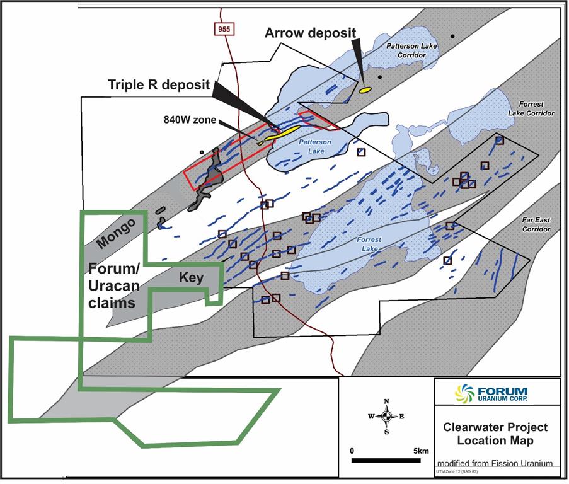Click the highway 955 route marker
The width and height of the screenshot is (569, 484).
pyautogui.click(x=223, y=29)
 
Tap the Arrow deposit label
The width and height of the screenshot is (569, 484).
pyautogui.click(x=310, y=33)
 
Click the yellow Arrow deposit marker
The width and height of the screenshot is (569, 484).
pyautogui.click(x=364, y=91)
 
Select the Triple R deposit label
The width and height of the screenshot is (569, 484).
pyautogui.click(x=158, y=84)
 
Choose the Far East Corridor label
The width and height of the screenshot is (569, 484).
pyautogui.click(x=536, y=224)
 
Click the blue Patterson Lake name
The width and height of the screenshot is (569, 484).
pyautogui.click(x=311, y=147)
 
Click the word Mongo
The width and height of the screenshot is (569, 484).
pyautogui.click(x=117, y=234)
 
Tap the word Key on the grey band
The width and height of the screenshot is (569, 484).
pyautogui.click(x=192, y=277)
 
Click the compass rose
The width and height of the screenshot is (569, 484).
pyautogui.click(x=386, y=416)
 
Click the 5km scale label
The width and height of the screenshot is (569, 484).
pyautogui.click(x=422, y=451)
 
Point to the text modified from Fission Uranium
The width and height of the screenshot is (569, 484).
pyautogui.click(x=495, y=463)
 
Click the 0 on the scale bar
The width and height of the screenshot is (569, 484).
pyautogui.click(x=353, y=451)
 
